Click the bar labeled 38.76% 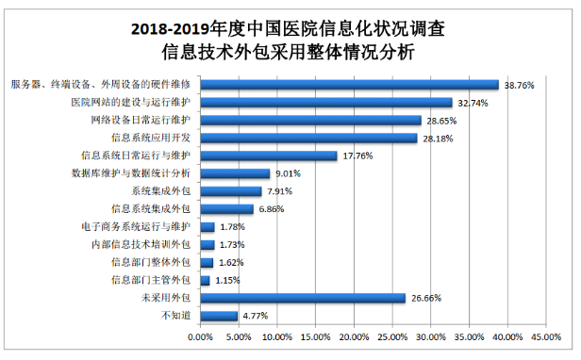point(349,85)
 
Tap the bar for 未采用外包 point(302,298)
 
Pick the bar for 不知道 point(219,316)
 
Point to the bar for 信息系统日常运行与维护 point(268,155)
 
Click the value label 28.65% point(440,121)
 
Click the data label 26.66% point(425,298)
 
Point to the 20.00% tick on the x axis point(354,335)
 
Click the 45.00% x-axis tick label point(546,335)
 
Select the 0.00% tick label point(200,335)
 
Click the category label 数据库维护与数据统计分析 point(131,173)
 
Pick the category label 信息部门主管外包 point(150,280)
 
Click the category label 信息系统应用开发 point(150,138)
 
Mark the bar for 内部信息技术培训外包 point(207,245)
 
